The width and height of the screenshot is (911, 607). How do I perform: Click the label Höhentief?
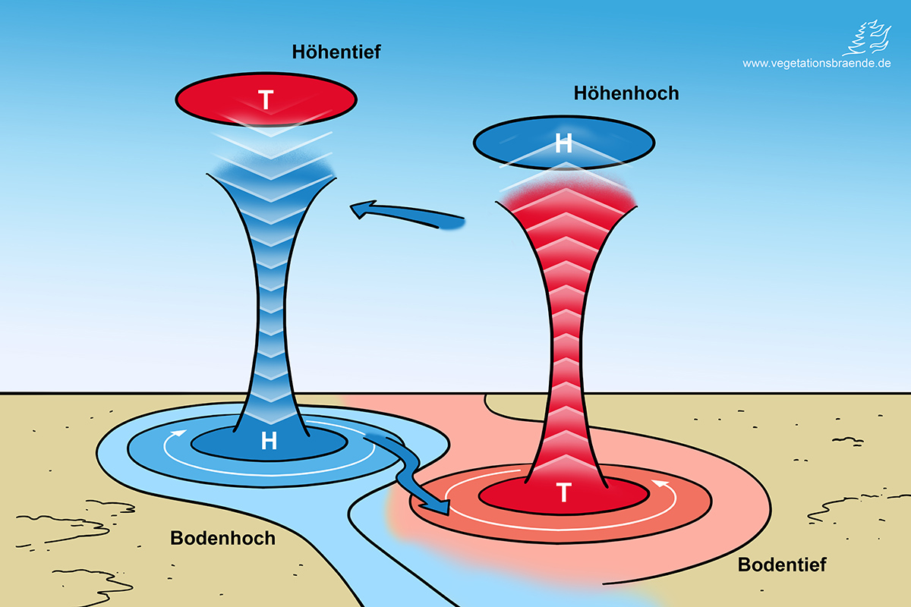tap(336, 52)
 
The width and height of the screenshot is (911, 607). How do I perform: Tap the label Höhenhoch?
tap(626, 93)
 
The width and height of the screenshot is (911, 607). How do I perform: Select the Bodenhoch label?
tap(222, 538)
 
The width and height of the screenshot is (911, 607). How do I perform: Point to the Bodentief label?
tap(781, 565)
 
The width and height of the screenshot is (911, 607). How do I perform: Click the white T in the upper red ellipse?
tap(266, 100)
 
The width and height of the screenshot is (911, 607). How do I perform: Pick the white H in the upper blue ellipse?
tap(563, 143)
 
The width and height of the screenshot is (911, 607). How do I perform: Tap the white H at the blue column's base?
tap(269, 441)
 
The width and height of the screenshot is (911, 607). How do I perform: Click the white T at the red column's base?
tap(563, 493)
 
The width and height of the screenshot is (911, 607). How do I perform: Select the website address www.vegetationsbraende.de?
tap(816, 64)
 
